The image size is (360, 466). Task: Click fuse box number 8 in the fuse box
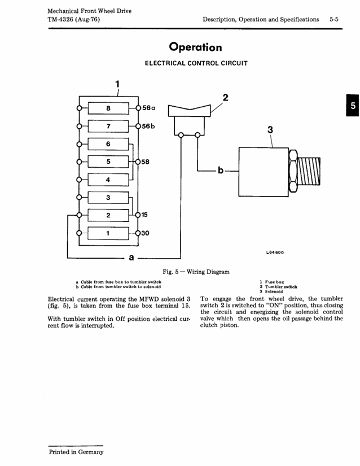(x=108, y=108)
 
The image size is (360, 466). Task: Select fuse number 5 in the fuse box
(x=108, y=162)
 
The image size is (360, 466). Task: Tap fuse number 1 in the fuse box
(x=108, y=233)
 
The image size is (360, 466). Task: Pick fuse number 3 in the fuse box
(x=108, y=197)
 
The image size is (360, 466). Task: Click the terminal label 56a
(x=149, y=108)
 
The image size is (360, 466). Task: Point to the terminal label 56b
(x=148, y=126)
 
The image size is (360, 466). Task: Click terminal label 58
(x=145, y=162)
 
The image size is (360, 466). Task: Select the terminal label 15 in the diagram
(x=144, y=215)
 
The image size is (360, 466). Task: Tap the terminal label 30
(x=145, y=233)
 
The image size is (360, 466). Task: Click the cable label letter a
(x=131, y=258)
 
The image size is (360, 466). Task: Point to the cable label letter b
(x=221, y=170)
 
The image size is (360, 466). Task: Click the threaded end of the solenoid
(x=309, y=172)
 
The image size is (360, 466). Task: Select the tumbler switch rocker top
(x=190, y=111)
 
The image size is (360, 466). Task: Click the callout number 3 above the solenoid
(x=270, y=130)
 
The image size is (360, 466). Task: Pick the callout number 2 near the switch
(x=226, y=98)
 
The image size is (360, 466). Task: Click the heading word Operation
(x=196, y=47)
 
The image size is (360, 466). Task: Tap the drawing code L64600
(x=275, y=252)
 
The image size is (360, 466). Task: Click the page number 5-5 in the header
(x=334, y=19)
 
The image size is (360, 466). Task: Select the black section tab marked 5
(x=353, y=105)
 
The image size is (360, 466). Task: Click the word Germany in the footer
(x=91, y=452)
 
